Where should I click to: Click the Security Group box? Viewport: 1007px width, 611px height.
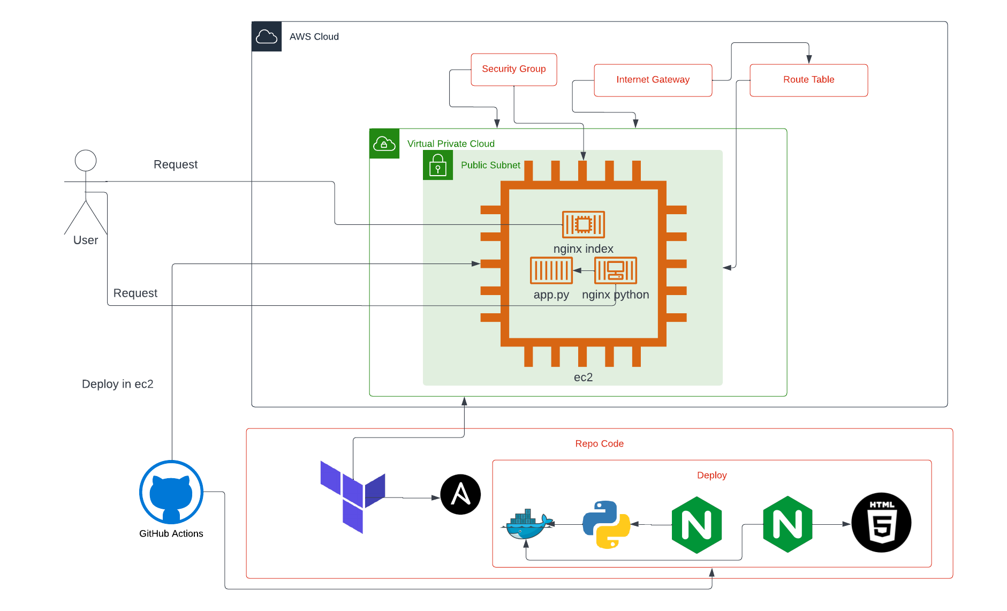(513, 69)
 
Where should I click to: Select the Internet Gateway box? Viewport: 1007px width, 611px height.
(653, 80)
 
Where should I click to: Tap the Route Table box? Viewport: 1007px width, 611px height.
(808, 80)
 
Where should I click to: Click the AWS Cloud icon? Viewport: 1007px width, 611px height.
(267, 36)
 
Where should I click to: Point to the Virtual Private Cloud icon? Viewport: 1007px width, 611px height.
(384, 144)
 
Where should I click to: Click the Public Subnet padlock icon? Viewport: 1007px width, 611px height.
(438, 165)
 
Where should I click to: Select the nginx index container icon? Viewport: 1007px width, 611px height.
(583, 224)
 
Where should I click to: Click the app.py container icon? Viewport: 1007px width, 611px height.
(551, 270)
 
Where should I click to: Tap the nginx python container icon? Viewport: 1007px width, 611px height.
(615, 270)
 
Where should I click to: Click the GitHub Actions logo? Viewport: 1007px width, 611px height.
(171, 492)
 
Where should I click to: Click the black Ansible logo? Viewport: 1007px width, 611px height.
(460, 494)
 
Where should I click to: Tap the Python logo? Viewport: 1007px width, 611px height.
(606, 525)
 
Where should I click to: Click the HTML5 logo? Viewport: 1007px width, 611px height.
(881, 523)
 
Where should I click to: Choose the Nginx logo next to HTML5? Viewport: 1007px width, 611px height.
(788, 524)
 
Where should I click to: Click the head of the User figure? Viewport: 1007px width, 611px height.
(86, 160)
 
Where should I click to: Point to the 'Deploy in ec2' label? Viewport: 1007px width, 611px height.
(117, 384)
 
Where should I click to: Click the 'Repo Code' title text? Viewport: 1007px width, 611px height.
(599, 443)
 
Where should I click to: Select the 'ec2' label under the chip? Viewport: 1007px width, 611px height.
(583, 377)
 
